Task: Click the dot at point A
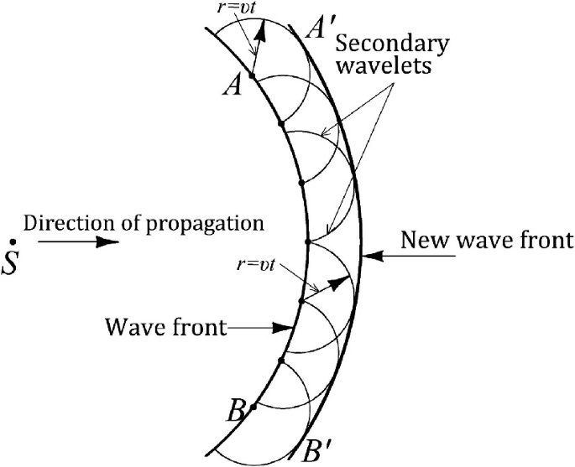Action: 252,76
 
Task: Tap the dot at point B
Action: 253,406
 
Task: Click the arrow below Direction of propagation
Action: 79,242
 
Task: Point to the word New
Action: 423,241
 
